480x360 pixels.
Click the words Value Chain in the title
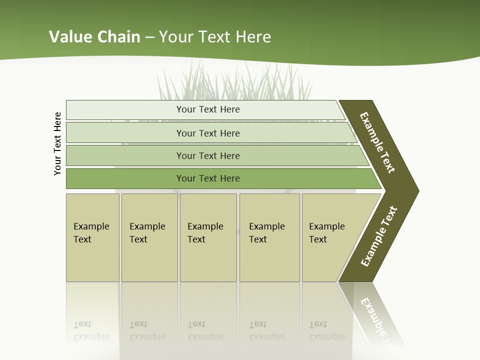pos(94,36)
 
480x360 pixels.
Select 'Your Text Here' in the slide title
pos(215,36)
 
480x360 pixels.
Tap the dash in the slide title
pos(149,37)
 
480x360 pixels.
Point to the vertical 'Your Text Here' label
pos(57,143)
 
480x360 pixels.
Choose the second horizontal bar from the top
pos(207,133)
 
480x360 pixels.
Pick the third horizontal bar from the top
pos(207,155)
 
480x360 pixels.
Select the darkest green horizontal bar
pos(207,178)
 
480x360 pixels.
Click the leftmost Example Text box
pos(92,237)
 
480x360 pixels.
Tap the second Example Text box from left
pos(149,237)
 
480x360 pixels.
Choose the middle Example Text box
pos(208,237)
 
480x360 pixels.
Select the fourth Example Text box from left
pos(269,237)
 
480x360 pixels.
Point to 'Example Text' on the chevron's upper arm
pos(377,142)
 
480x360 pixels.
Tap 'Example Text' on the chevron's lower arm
pos(379,236)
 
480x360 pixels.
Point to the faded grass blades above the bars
pos(235,82)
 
